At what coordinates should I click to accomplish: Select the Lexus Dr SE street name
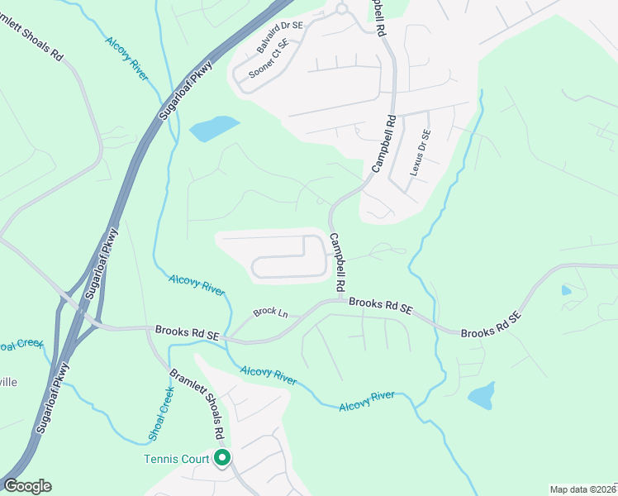[421, 153]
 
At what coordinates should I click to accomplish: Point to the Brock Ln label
[270, 313]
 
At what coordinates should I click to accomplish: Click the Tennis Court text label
[177, 459]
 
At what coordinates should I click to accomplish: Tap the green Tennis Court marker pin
[221, 458]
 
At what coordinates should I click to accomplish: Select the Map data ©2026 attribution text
[582, 489]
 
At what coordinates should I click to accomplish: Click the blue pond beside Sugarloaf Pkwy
[213, 128]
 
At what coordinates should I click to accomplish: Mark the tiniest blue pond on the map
[565, 290]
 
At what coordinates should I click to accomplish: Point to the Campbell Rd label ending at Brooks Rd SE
[338, 261]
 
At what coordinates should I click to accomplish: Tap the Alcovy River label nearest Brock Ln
[197, 284]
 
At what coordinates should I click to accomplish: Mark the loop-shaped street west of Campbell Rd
[289, 256]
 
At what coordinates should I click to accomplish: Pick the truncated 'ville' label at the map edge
[8, 382]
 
